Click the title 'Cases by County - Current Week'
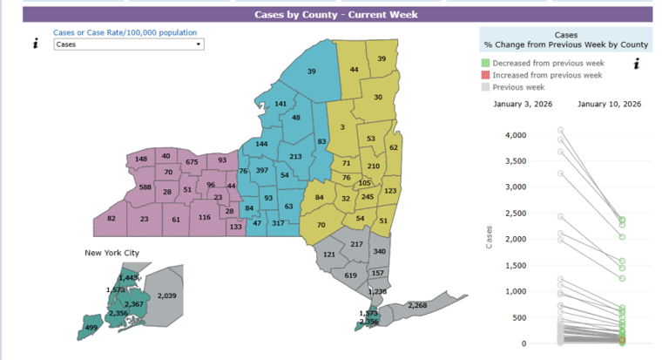tap(335, 14)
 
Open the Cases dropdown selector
tap(129, 44)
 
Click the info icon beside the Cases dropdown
tap(35, 44)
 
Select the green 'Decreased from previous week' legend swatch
tap(485, 64)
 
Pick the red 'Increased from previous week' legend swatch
tap(485, 75)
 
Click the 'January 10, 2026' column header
tap(609, 104)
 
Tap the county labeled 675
tap(193, 162)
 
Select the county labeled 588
tap(145, 187)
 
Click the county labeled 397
tap(261, 170)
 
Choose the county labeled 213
tap(295, 157)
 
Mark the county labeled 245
tap(367, 197)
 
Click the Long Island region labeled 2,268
tap(416, 305)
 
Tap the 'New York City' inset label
tap(111, 253)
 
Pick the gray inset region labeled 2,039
tap(167, 295)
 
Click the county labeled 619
tap(350, 275)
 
